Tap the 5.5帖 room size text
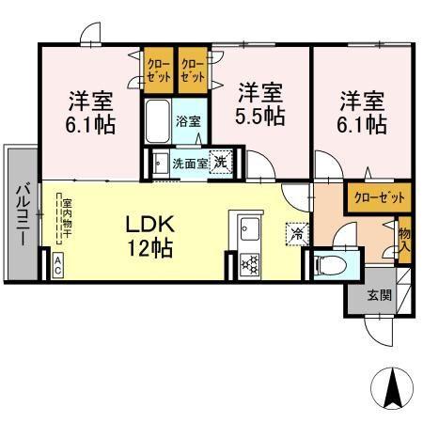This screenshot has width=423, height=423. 260,117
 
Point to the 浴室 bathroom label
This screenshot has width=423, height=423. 188,121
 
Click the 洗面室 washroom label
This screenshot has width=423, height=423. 189,163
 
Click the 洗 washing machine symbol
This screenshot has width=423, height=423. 221,161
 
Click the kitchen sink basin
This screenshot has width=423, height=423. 250,228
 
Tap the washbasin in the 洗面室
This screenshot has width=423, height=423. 160,162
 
